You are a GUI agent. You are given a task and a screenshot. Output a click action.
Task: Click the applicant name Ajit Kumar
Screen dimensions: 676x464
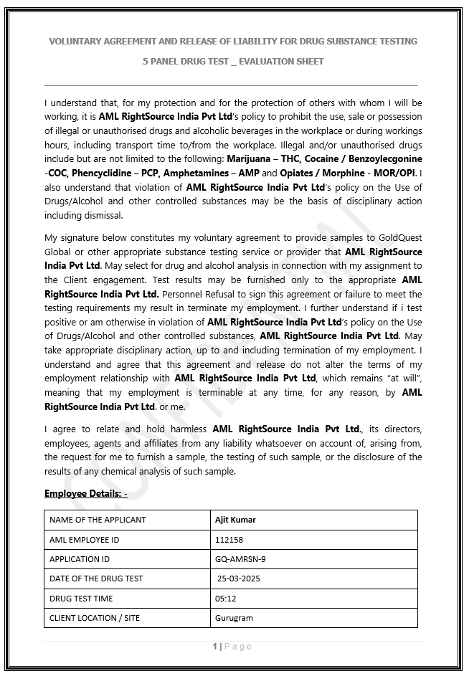point(235,520)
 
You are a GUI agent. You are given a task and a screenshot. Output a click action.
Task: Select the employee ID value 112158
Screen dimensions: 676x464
point(227,539)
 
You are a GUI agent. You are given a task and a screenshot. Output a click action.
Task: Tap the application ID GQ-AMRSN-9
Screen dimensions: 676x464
point(240,559)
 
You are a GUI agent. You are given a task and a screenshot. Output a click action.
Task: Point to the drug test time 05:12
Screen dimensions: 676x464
point(225,598)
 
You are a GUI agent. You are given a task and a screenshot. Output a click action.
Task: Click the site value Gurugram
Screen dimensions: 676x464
point(234,617)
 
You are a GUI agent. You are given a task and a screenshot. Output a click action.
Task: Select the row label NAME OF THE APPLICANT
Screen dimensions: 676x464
point(98,520)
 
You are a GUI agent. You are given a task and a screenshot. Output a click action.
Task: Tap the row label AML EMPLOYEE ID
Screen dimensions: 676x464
point(84,539)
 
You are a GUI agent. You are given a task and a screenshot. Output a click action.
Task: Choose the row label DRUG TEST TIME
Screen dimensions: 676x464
point(81,598)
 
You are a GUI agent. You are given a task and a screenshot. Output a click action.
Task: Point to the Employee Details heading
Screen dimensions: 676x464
point(85,493)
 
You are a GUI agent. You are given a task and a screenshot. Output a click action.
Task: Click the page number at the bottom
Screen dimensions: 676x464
point(214,647)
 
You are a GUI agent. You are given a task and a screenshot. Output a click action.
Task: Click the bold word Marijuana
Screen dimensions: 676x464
point(252,158)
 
